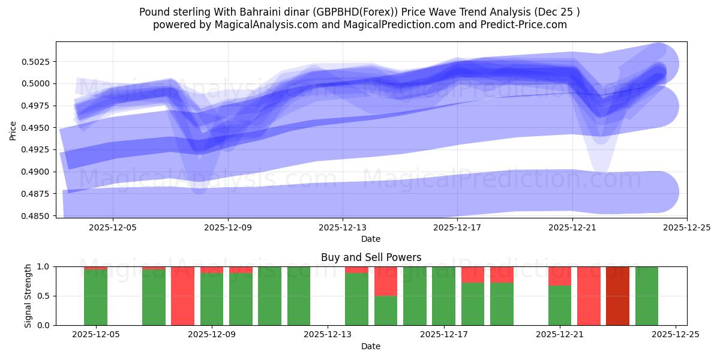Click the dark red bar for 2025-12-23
(617, 296)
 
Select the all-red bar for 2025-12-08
(182, 296)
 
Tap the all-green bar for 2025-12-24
(646, 296)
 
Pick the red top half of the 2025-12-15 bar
(386, 281)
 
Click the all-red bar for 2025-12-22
(589, 296)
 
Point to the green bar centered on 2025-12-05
(95, 298)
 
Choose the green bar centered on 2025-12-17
(443, 296)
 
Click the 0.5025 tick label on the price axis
(38, 62)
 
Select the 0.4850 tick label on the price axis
(38, 216)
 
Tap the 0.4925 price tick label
(38, 150)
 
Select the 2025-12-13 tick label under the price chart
(342, 228)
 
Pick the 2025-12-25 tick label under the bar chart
(676, 335)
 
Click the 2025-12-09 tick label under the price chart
(227, 228)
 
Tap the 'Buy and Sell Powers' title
(371, 257)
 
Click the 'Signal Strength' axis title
(28, 296)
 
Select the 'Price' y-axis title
(13, 130)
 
